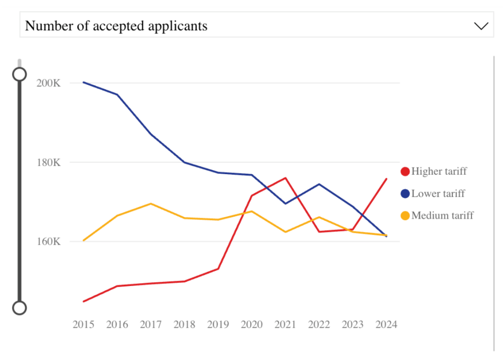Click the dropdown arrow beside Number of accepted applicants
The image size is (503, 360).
pyautogui.click(x=481, y=26)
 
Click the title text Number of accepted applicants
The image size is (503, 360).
pyautogui.click(x=116, y=26)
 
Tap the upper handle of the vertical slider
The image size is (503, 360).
pyautogui.click(x=20, y=75)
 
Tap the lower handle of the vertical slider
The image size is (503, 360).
pyautogui.click(x=20, y=308)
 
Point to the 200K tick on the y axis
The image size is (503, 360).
pyautogui.click(x=48, y=83)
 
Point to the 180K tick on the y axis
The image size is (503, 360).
pyautogui.click(x=48, y=163)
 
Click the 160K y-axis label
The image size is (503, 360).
pyautogui.click(x=48, y=242)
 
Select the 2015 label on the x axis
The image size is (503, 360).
pyautogui.click(x=83, y=325)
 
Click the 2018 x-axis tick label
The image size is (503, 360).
pyautogui.click(x=184, y=325)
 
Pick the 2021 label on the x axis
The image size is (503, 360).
pyautogui.click(x=285, y=325)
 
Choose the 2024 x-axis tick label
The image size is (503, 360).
pyautogui.click(x=386, y=325)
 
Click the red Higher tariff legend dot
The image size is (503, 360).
pyautogui.click(x=405, y=171)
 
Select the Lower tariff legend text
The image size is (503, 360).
pyautogui.click(x=438, y=194)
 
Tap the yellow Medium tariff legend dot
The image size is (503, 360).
pyautogui.click(x=405, y=216)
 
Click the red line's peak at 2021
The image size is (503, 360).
pyautogui.click(x=285, y=178)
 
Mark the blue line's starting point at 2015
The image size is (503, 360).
pyautogui.click(x=83, y=82)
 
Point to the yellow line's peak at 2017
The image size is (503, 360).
pyautogui.click(x=151, y=204)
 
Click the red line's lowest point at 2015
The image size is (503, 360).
pyautogui.click(x=83, y=301)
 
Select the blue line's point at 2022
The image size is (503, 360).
pyautogui.click(x=319, y=184)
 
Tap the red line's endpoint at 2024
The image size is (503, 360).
pyautogui.click(x=386, y=179)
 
